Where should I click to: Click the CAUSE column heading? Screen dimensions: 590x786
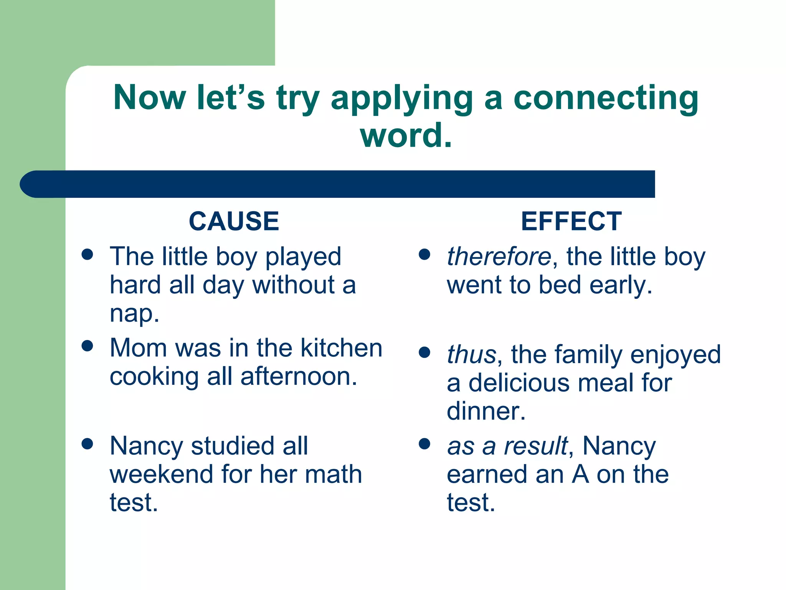tap(234, 222)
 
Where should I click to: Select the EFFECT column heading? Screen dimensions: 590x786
tap(571, 222)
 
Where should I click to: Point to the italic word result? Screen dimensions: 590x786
tap(536, 446)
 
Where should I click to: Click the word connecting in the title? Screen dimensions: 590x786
tap(606, 98)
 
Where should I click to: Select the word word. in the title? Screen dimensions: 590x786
tap(406, 135)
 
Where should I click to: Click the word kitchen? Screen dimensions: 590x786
tap(341, 348)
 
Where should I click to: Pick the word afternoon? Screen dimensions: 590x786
tap(299, 376)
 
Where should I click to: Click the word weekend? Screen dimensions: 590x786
tap(161, 474)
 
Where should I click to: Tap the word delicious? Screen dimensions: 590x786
tap(519, 383)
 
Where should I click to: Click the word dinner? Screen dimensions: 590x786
tap(486, 411)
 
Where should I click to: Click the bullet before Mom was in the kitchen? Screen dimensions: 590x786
tap(88, 346)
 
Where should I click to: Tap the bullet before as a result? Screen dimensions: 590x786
tap(424, 444)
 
